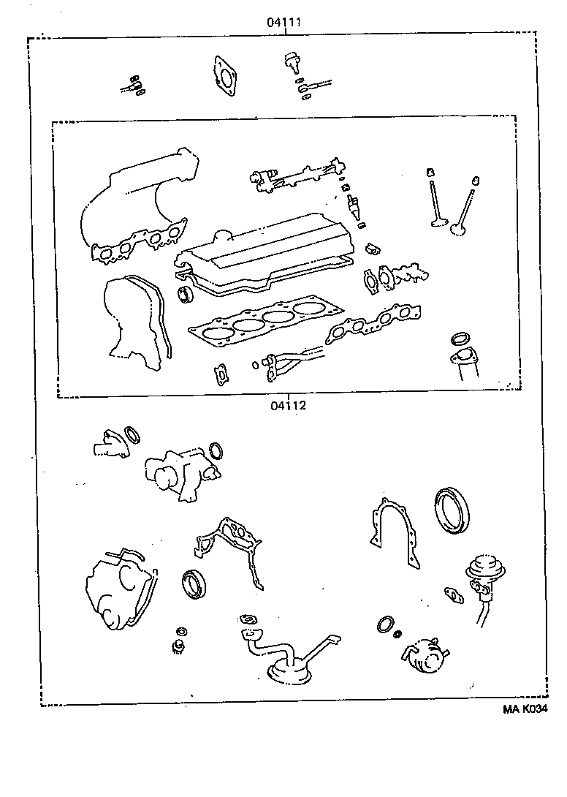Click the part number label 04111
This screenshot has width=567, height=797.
[285, 23]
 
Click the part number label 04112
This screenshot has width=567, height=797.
[285, 406]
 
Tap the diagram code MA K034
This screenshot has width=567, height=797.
[525, 709]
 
